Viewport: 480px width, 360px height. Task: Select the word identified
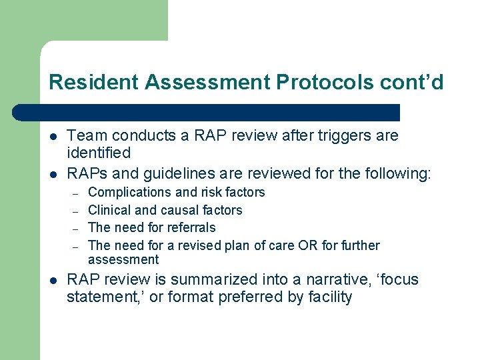[x=99, y=153]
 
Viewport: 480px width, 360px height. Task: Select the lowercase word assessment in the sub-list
[x=123, y=259]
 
